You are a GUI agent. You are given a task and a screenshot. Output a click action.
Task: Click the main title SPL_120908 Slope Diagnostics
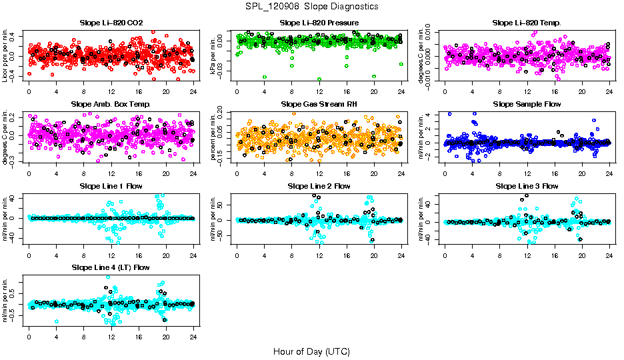312,6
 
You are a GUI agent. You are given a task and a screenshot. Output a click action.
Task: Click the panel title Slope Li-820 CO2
111,23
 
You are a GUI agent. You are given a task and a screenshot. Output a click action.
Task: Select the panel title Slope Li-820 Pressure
319,23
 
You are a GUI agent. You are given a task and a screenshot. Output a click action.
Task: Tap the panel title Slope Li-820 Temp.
527,23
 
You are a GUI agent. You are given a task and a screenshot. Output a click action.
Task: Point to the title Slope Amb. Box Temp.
111,104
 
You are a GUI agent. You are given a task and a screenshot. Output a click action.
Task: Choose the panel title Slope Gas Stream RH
319,104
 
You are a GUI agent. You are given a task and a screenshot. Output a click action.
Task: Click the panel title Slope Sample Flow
527,104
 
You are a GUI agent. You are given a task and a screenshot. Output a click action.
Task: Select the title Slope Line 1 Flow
111,186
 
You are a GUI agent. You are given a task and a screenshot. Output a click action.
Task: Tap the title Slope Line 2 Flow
319,186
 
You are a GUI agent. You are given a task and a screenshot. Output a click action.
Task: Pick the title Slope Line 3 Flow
527,186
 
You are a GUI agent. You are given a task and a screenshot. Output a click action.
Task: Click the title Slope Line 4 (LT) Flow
111,267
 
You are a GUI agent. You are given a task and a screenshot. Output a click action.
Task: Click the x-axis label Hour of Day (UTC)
311,351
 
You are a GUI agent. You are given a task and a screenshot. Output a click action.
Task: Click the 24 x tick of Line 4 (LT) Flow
193,337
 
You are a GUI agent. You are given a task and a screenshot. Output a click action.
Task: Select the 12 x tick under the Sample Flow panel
527,173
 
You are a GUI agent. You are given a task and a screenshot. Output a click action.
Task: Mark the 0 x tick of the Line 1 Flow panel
29,255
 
